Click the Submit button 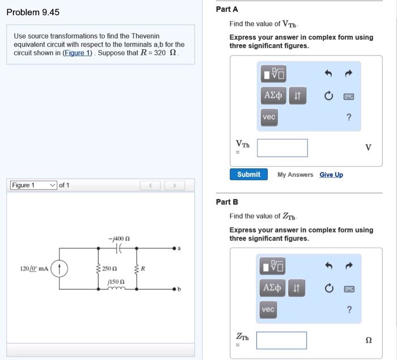click(248, 175)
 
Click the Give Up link click(331, 175)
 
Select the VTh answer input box click(282, 148)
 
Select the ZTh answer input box click(281, 340)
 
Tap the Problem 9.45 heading click(33, 12)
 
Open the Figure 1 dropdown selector click(34, 185)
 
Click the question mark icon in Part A click(349, 117)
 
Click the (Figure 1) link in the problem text click(78, 53)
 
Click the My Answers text click(295, 175)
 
